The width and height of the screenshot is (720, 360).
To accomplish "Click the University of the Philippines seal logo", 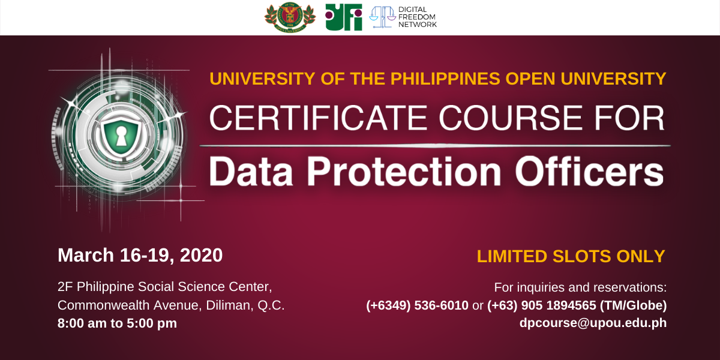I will (290, 17).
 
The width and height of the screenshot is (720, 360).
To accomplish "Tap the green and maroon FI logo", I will (344, 17).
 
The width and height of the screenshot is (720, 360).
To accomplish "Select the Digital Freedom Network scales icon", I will (382, 17).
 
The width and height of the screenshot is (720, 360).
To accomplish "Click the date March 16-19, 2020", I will (140, 255).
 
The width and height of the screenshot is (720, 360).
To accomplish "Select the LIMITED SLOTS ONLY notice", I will (571, 256).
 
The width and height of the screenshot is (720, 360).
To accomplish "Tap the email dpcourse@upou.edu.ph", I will (593, 323).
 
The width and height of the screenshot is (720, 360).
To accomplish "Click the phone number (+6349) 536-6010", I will (417, 305).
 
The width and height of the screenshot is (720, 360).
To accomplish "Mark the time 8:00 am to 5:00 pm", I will (117, 323).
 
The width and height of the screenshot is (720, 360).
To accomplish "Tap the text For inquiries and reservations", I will (580, 287).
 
